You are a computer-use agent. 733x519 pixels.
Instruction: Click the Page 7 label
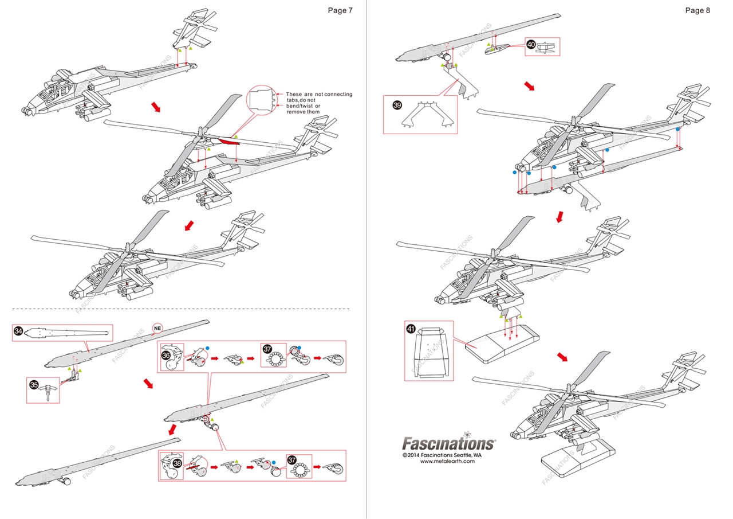(340, 10)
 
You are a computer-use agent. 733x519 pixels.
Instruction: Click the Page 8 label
(697, 10)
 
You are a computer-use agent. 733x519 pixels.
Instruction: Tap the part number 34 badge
(19, 331)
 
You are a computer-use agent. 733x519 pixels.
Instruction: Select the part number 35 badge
(34, 385)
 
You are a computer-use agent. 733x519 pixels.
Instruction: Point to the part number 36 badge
(167, 355)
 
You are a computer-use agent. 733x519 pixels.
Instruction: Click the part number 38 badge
(178, 463)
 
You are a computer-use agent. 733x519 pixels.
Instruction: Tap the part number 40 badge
(531, 44)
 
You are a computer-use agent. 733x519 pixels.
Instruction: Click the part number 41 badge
(411, 329)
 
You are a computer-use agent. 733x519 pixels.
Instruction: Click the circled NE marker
(158, 327)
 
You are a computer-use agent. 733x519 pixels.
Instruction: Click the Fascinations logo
(448, 443)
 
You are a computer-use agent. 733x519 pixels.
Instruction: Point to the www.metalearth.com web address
(448, 461)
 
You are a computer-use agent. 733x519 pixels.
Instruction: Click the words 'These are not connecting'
(319, 94)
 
